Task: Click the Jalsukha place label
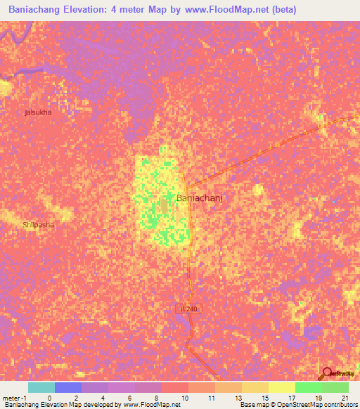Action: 38,112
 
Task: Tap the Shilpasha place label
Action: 38,225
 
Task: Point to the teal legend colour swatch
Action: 41,387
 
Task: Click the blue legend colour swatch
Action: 68,387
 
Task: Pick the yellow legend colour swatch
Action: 281,387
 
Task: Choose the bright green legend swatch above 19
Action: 308,387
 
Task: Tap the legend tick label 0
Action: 49,397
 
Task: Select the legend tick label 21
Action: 344,397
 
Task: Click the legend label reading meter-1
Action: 14,397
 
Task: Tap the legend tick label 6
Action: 130,397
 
